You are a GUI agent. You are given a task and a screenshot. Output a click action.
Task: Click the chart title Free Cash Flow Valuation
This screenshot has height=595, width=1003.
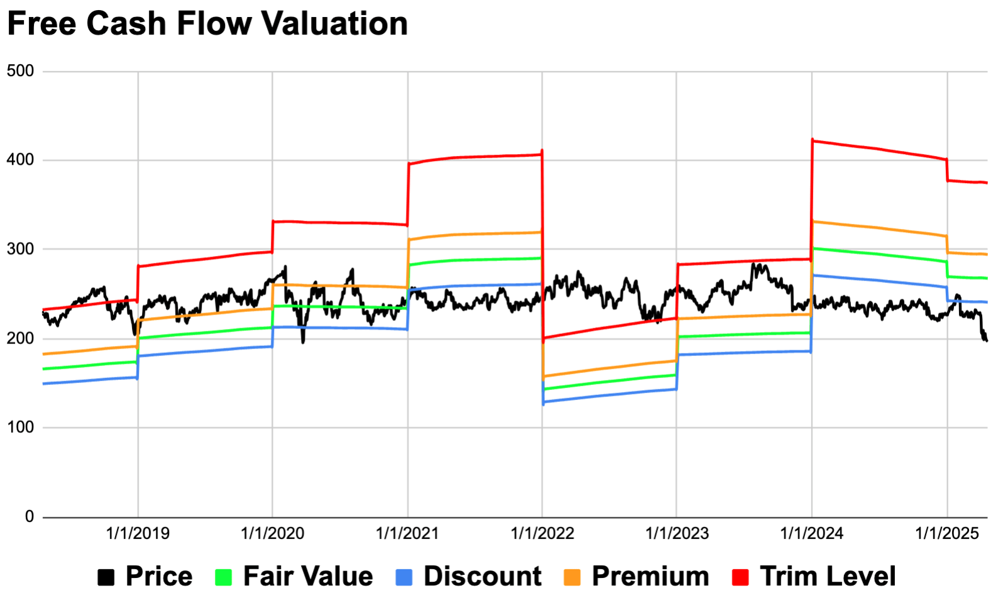207,24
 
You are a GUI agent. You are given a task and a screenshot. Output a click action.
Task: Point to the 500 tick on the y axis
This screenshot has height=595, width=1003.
21,71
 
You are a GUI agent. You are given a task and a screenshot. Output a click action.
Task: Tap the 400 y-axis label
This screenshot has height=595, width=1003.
21,160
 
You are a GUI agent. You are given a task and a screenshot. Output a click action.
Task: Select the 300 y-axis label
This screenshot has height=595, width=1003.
21,249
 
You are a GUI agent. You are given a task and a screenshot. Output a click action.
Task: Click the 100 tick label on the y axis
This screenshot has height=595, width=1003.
21,427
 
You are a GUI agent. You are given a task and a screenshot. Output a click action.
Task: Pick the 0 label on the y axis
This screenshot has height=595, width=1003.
30,516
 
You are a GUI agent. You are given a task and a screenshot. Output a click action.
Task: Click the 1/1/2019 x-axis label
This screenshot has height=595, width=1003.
138,534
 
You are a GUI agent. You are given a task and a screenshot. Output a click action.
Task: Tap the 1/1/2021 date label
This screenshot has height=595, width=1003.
407,534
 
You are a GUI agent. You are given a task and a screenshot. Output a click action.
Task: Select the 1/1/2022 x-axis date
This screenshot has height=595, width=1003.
542,534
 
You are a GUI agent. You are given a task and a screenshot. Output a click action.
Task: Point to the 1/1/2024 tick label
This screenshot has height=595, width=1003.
811,534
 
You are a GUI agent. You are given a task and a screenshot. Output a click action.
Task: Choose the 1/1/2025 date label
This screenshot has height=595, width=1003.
946,534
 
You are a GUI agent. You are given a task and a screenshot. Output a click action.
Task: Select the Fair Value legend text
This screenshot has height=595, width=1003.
308,576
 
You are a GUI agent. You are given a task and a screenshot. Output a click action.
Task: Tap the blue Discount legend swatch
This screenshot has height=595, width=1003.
404,577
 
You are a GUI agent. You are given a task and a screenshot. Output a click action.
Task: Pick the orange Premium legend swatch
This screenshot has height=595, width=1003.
572,577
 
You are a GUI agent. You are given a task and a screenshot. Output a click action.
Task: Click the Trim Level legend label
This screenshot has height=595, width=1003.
828,576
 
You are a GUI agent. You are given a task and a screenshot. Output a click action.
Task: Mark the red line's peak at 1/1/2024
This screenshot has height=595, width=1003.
813,140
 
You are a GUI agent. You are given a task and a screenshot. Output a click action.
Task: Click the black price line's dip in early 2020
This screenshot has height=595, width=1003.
303,342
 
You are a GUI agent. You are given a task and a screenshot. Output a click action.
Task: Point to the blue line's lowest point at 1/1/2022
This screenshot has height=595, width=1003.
543,403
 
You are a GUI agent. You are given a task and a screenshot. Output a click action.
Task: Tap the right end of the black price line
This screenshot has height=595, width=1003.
986,340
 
